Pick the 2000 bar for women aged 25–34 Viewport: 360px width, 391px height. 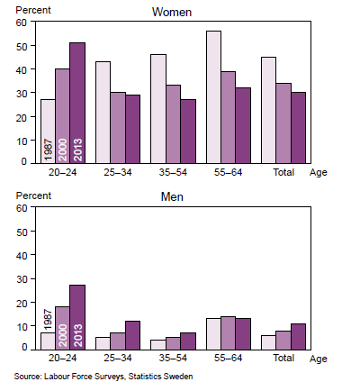(x=118, y=127)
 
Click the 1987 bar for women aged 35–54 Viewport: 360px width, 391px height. (x=158, y=108)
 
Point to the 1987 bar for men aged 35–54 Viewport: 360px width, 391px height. (x=158, y=344)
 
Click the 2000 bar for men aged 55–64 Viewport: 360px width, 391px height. (x=228, y=332)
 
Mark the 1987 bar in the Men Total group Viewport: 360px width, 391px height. (x=268, y=342)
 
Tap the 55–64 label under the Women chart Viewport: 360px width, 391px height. (x=228, y=169)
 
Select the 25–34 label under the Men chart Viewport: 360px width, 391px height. (x=118, y=357)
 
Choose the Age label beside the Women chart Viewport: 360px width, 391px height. (x=319, y=169)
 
